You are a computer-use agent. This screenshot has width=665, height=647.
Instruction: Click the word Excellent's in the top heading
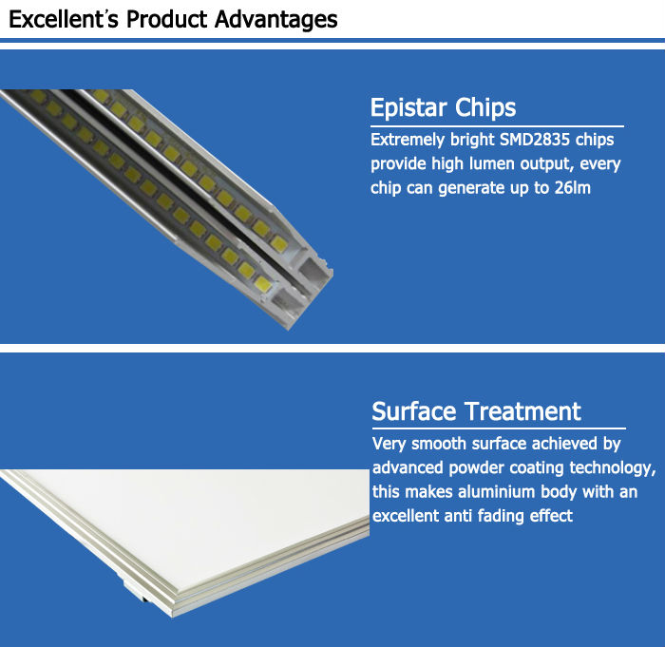[64, 20]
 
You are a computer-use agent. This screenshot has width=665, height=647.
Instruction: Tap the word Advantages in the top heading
[276, 20]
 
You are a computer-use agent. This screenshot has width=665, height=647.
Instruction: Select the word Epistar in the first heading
[408, 107]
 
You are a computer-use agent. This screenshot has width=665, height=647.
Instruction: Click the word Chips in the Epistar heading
[485, 107]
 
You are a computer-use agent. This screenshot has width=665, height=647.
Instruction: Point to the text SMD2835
[535, 140]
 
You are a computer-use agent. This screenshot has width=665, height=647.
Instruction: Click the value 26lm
[573, 188]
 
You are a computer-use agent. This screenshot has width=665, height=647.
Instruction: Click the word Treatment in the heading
[522, 411]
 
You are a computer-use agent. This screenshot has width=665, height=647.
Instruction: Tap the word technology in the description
[613, 467]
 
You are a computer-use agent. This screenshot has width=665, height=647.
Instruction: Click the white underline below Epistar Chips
[497, 126]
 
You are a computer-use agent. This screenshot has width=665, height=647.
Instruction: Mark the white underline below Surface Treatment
[499, 428]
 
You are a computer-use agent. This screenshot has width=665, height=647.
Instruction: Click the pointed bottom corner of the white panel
[173, 617]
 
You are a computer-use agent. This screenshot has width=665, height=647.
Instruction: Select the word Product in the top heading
[167, 20]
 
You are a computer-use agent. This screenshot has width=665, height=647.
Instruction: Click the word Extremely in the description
[408, 140]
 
